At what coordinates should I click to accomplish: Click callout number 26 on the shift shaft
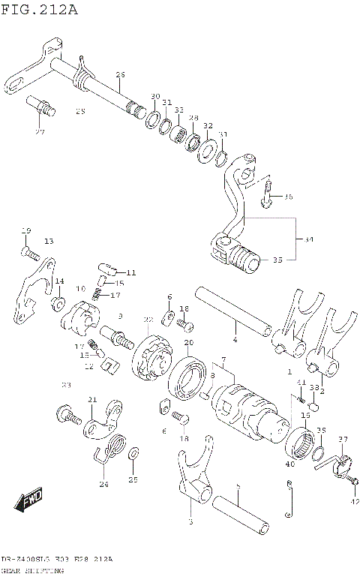click(x=120, y=74)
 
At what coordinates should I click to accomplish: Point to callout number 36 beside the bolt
click(x=289, y=197)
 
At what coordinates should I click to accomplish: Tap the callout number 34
click(x=308, y=241)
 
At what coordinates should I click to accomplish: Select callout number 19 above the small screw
click(x=25, y=230)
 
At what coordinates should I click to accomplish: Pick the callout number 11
click(x=132, y=272)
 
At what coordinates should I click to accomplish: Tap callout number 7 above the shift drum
click(x=223, y=361)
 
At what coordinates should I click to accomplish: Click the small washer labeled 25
click(x=133, y=455)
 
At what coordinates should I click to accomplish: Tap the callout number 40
click(x=290, y=464)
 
